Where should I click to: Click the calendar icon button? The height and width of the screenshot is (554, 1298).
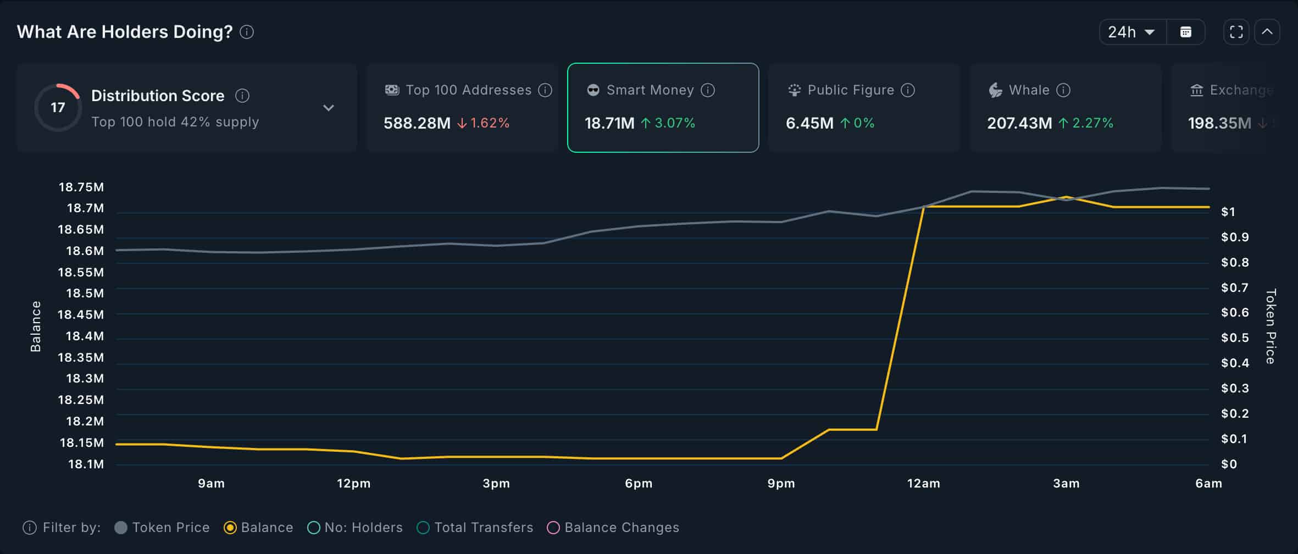[1186, 32]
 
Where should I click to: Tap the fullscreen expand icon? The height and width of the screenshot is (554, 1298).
[1236, 32]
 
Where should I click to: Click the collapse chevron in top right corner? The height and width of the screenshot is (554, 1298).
[1267, 32]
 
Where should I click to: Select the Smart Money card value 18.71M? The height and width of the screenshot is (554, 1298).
[609, 123]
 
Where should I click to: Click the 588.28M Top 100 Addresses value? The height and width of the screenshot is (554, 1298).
[417, 123]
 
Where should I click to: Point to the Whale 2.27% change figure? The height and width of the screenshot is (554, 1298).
[1092, 123]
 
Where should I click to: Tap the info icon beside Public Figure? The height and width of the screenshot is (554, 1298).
[908, 90]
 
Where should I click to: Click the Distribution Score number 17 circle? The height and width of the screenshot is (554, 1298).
[58, 108]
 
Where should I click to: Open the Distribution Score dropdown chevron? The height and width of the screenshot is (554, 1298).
[329, 108]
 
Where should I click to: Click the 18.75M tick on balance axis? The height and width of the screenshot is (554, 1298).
[81, 187]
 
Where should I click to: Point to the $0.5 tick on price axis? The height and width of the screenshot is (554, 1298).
[1235, 338]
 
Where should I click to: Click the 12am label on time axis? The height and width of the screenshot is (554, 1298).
[923, 484]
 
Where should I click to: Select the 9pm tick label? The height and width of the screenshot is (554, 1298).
[781, 484]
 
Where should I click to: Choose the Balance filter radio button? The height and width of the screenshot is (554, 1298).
[230, 528]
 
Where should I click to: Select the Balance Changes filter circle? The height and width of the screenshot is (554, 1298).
[553, 528]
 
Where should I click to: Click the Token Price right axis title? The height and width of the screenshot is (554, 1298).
[1271, 326]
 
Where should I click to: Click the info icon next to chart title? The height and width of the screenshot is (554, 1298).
[247, 32]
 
